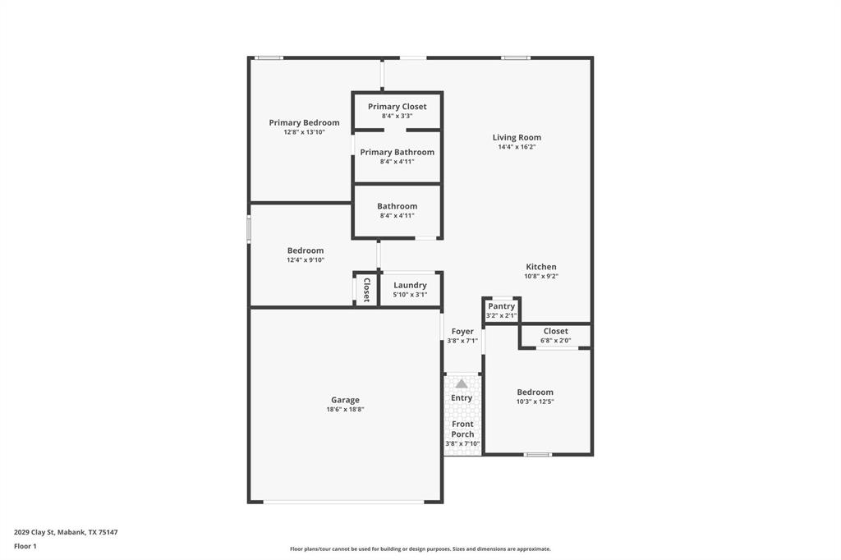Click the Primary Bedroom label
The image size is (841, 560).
(x=304, y=123)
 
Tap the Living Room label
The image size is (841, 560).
(x=517, y=138)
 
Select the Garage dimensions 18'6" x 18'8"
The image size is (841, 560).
(x=345, y=409)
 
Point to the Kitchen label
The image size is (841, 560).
(x=541, y=267)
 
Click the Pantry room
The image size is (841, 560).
(x=501, y=310)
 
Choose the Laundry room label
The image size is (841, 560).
(x=410, y=285)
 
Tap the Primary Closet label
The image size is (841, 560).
(x=397, y=107)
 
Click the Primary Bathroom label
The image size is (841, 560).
(x=397, y=152)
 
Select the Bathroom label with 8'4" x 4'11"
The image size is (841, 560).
(x=397, y=206)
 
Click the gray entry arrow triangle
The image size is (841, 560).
(x=462, y=383)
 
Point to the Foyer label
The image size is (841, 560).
(x=462, y=332)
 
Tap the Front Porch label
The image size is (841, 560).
(x=462, y=429)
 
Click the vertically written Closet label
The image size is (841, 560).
(x=366, y=289)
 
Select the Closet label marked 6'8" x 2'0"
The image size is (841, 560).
(x=555, y=331)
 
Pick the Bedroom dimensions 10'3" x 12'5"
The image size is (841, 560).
(x=535, y=402)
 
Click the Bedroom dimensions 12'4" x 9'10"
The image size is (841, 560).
(x=306, y=259)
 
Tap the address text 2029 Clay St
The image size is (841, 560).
(x=66, y=532)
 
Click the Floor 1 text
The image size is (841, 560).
(x=25, y=545)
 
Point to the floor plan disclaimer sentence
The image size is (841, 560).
(x=420, y=549)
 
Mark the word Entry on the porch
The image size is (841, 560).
(x=462, y=398)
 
